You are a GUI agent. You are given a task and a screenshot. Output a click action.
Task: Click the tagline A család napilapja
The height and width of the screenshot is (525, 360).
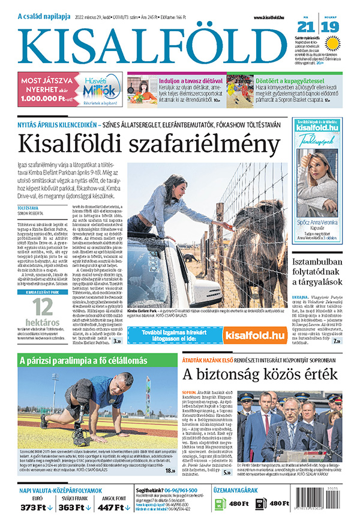coord(45,17)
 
